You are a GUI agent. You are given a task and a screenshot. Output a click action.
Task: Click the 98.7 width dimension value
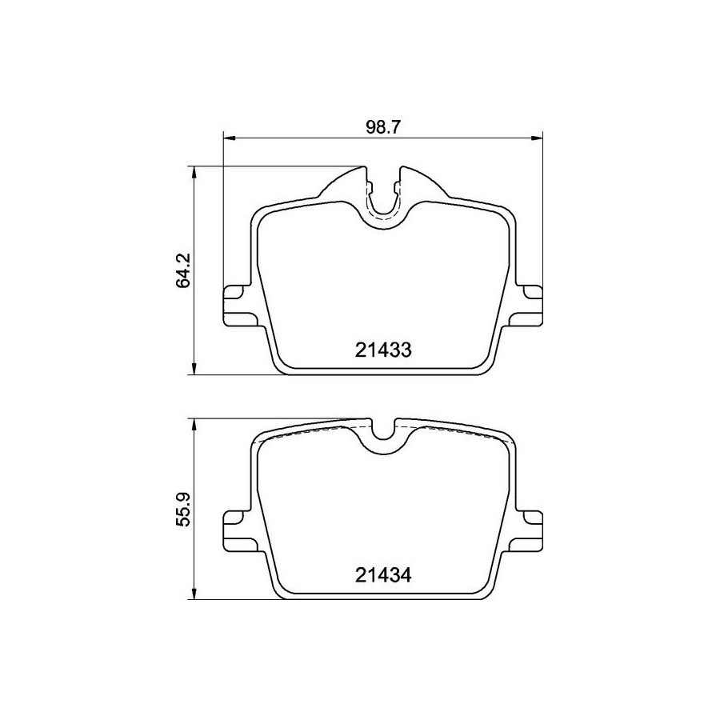(x=383, y=127)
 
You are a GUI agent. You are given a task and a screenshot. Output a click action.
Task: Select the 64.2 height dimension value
(x=183, y=270)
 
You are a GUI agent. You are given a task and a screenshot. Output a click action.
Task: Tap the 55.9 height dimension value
(x=183, y=510)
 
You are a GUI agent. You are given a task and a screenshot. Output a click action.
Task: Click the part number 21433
(x=383, y=350)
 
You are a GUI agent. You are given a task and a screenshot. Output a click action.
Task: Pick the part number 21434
(x=383, y=575)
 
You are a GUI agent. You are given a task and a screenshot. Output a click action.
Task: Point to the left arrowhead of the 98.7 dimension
(x=229, y=138)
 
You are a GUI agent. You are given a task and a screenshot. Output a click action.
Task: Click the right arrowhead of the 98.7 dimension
(x=537, y=138)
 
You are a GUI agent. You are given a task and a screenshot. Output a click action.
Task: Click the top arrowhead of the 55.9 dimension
(x=194, y=425)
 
